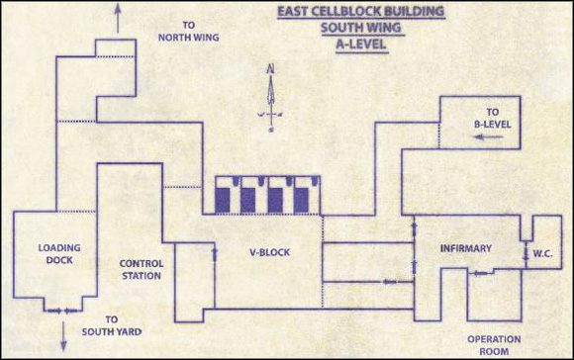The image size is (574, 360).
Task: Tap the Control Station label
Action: click(x=142, y=270)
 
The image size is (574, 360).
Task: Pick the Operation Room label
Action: click(x=494, y=343)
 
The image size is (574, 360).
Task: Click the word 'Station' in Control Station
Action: click(x=142, y=277)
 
